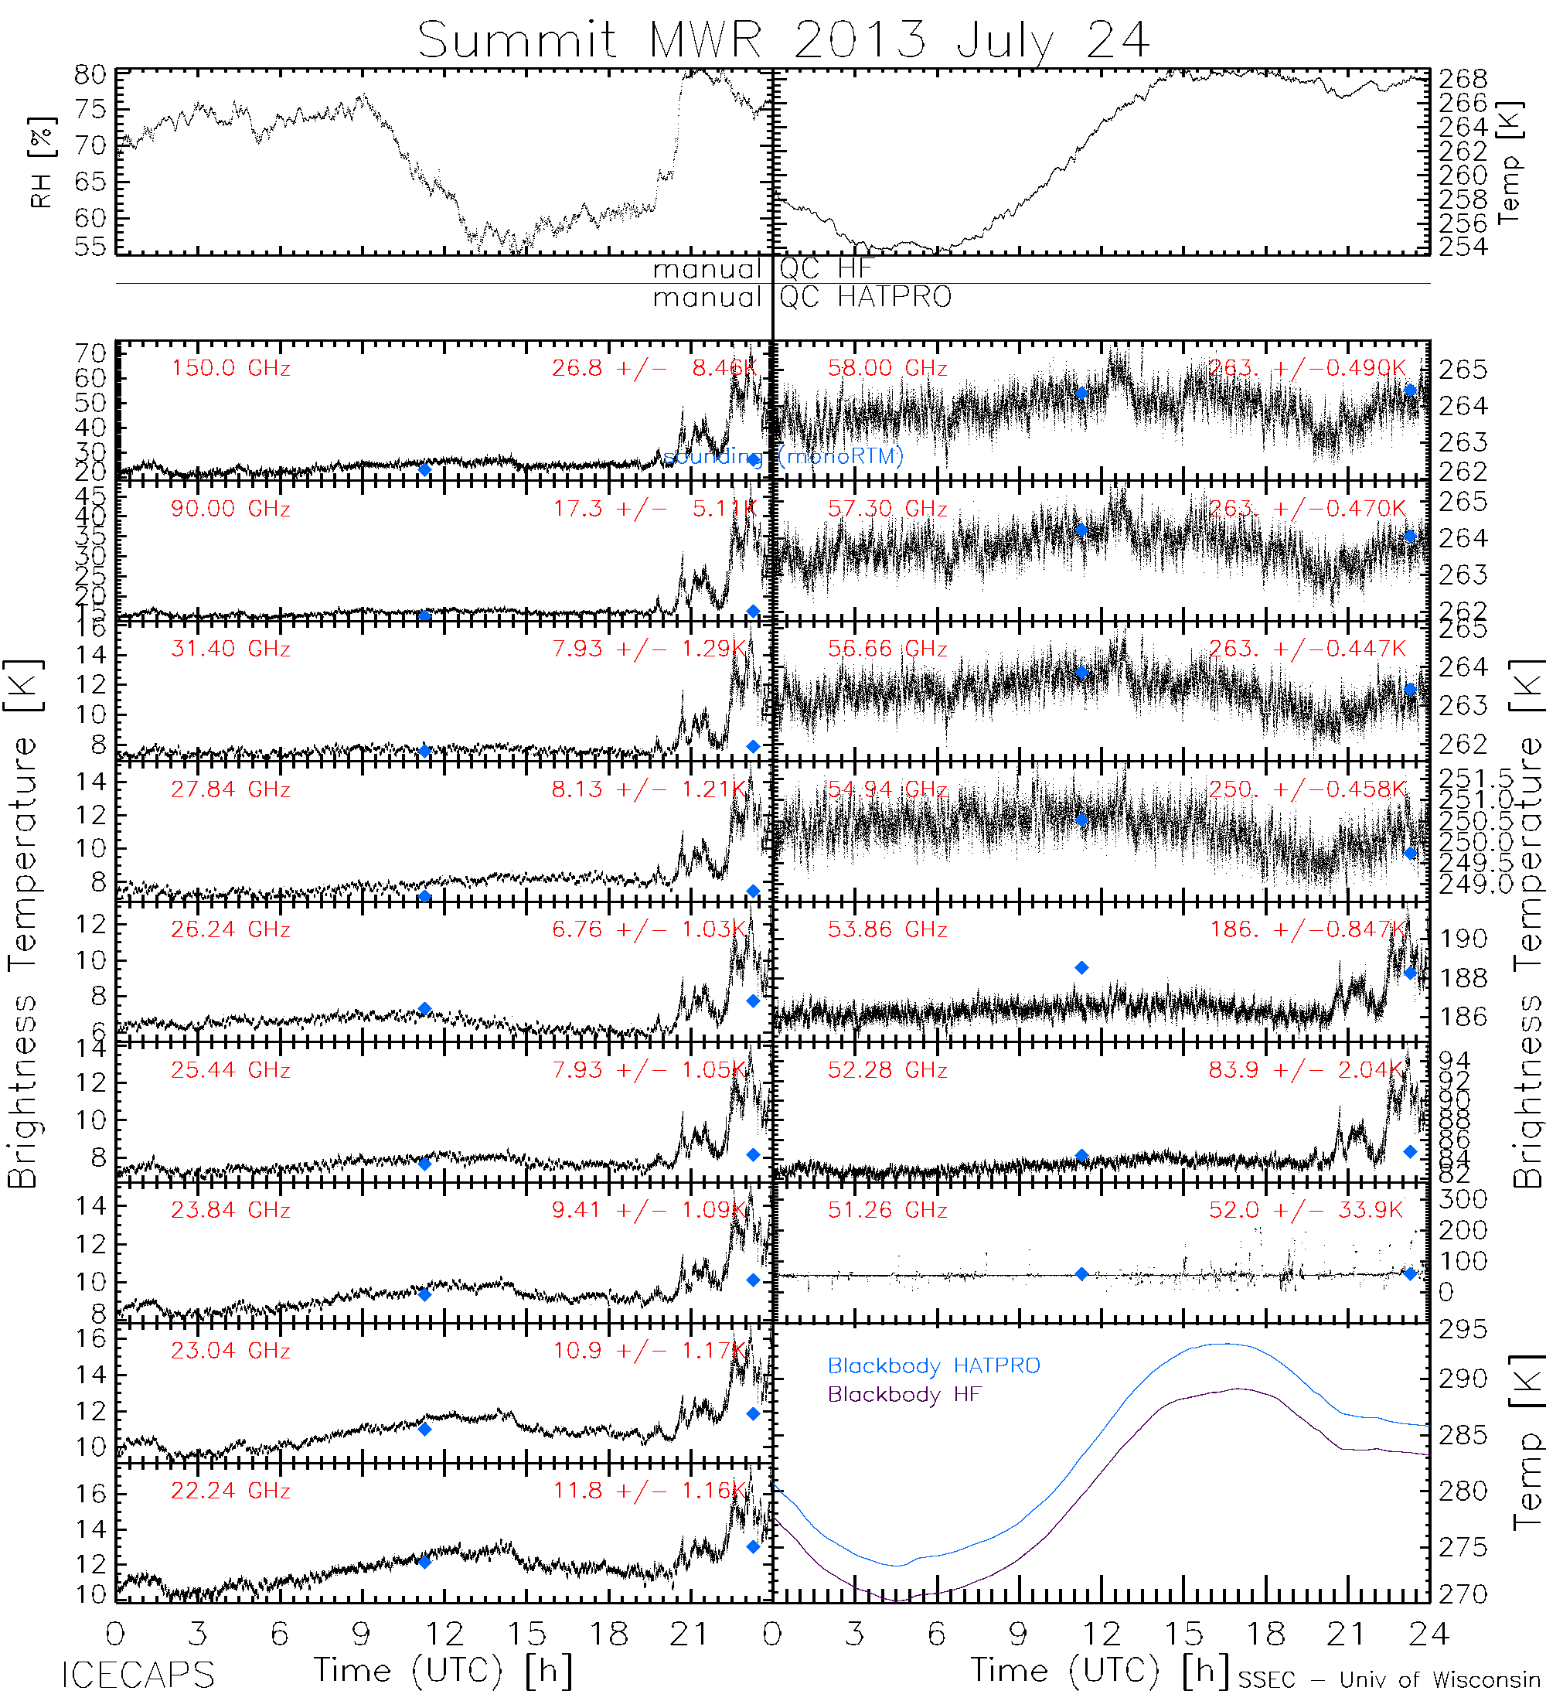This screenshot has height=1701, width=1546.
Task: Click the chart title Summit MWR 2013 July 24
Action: (x=784, y=39)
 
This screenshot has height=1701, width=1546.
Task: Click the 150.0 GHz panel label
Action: (x=230, y=369)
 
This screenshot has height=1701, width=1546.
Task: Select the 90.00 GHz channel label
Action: (x=230, y=509)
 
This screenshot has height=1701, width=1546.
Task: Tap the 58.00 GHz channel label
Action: (x=887, y=369)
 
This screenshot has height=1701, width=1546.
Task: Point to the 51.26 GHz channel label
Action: (x=887, y=1210)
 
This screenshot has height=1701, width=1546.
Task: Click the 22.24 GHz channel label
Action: (x=230, y=1491)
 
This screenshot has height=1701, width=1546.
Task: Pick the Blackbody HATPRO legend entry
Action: (x=934, y=1366)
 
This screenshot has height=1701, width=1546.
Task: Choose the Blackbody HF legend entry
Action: (x=904, y=1394)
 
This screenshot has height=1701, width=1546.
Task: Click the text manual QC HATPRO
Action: (x=802, y=297)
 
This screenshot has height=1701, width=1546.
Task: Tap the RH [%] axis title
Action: (x=40, y=162)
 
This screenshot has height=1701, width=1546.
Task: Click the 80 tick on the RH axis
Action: (x=90, y=75)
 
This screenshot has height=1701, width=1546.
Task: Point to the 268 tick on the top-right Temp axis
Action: (x=1463, y=78)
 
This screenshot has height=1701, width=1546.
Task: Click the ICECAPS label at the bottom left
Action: (x=138, y=1675)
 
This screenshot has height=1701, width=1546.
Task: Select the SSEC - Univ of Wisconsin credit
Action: (x=1389, y=1680)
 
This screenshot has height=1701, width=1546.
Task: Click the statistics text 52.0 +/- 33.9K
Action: (x=1306, y=1210)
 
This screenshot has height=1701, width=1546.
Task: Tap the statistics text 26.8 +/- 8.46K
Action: (x=655, y=369)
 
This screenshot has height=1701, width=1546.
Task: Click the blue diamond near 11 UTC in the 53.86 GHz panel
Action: (x=1081, y=968)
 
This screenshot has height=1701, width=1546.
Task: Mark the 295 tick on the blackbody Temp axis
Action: (x=1463, y=1331)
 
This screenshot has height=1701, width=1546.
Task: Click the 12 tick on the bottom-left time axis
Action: (x=444, y=1635)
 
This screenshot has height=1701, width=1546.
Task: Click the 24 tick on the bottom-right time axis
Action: (x=1428, y=1635)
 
